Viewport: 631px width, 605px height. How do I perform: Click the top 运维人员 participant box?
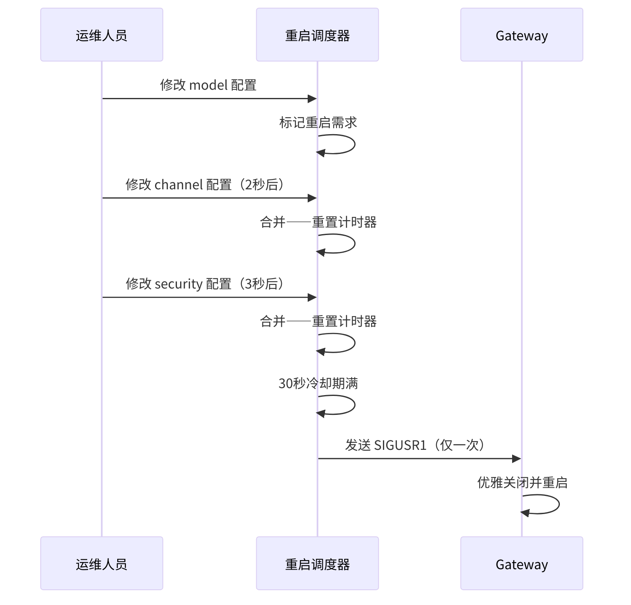coord(102,35)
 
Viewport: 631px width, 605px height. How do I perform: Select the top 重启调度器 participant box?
coord(317,35)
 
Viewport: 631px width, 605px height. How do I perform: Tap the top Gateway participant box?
coord(522,35)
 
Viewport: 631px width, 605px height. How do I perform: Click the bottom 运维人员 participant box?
coord(102,563)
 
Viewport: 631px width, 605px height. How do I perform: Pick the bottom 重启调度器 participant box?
coord(317,563)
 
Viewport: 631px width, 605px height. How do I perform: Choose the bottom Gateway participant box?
coord(522,563)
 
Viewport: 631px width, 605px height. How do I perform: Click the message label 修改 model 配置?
coord(208,85)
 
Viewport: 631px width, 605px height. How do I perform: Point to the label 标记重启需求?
coord(318,123)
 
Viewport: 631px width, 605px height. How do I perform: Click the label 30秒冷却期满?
coord(318,384)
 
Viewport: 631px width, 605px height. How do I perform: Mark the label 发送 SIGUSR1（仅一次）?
coord(415,445)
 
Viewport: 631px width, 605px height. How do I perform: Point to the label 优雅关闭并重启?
coord(522,482)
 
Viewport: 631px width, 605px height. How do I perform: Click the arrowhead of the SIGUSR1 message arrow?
coord(517,458)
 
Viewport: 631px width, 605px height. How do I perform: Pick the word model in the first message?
coord(208,85)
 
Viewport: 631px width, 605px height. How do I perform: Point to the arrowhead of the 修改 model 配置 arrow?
coord(312,99)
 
